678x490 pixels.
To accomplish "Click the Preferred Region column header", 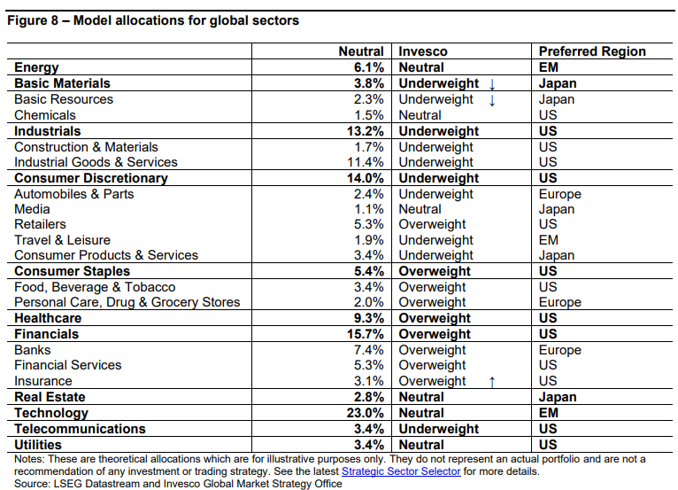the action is [x=592, y=51].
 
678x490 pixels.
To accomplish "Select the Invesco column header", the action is [x=423, y=51].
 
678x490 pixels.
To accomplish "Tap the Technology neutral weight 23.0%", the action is [x=365, y=413].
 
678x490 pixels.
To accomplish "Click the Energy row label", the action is [x=36, y=68].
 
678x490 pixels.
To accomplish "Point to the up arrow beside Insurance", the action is [x=491, y=382].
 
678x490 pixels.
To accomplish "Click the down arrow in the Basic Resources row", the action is [x=491, y=100].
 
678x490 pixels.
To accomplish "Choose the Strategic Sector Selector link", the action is [x=401, y=471].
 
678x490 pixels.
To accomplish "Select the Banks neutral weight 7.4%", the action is [x=369, y=350].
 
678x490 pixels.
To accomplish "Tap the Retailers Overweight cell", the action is [x=432, y=224].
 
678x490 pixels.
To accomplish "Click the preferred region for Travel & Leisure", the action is [x=548, y=240].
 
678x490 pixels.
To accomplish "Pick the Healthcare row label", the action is [x=48, y=318].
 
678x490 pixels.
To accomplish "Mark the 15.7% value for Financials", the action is [x=365, y=334].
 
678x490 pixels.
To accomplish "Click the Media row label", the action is [x=32, y=209].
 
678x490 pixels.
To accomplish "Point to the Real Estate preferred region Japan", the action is [x=558, y=397].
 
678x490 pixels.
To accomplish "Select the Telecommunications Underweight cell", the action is [x=438, y=429].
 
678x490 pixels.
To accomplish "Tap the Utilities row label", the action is [x=38, y=445].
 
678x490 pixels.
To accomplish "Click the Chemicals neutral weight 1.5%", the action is [x=369, y=115].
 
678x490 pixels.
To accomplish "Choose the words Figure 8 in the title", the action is [x=33, y=20].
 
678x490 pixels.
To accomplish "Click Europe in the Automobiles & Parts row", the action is [x=560, y=194].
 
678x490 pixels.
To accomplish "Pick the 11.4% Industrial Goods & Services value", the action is [x=366, y=162].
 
